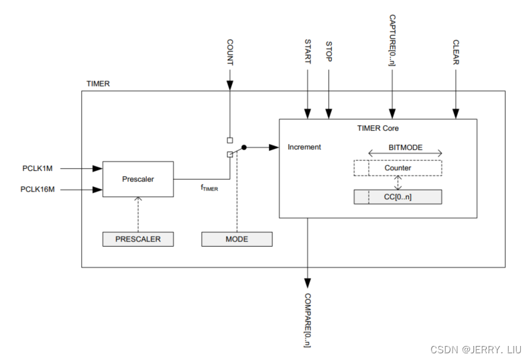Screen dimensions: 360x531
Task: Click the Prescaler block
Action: (x=137, y=179)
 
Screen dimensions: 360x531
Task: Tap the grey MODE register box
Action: (x=237, y=239)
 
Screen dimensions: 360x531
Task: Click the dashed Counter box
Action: (x=398, y=168)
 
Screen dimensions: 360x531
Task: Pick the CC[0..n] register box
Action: (x=398, y=196)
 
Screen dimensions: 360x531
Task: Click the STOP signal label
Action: (x=329, y=52)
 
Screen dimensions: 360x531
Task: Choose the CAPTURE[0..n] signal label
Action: (x=393, y=41)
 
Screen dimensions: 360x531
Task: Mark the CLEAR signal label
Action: (x=456, y=52)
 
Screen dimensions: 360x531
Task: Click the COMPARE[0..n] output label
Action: (x=308, y=319)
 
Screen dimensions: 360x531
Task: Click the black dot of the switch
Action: (x=244, y=147)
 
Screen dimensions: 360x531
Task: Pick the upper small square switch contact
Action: (x=230, y=140)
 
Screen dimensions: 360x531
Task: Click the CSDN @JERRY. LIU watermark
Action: (x=477, y=349)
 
